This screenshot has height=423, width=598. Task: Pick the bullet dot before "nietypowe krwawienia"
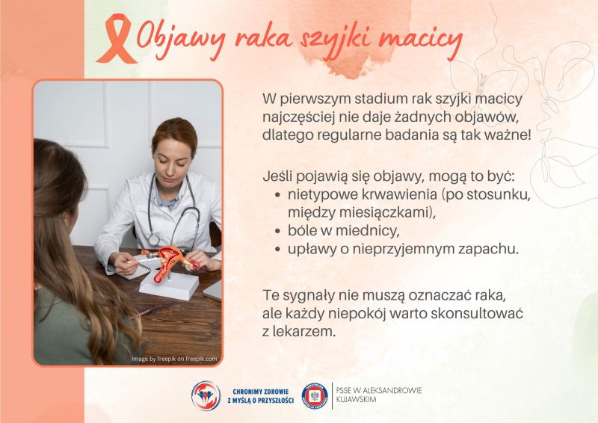pyautogui.click(x=279, y=196)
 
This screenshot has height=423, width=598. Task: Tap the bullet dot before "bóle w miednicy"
pyautogui.click(x=279, y=230)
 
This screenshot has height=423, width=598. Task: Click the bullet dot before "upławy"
pyautogui.click(x=279, y=248)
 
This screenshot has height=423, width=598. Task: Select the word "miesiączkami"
pyautogui.click(x=386, y=212)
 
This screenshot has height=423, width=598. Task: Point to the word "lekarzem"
pyautogui.click(x=306, y=329)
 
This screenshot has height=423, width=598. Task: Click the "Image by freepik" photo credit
pyautogui.click(x=174, y=359)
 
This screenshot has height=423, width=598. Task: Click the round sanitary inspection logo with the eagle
pyautogui.click(x=315, y=395)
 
